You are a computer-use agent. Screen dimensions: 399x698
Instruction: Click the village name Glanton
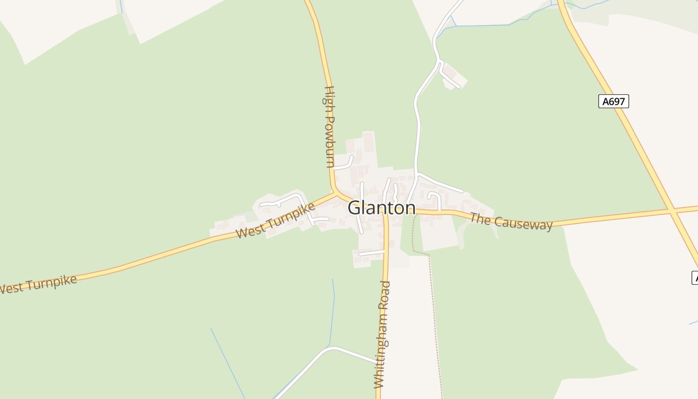coord(381,207)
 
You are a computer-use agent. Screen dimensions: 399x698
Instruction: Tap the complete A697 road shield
coord(613,101)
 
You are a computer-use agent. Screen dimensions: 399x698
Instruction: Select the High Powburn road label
coord(330,127)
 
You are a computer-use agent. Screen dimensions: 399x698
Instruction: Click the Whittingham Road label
coord(382,334)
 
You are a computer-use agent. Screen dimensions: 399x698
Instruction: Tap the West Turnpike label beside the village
coord(275,220)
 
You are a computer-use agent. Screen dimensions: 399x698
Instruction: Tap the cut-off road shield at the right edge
coord(694,277)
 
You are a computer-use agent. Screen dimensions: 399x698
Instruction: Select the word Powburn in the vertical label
coord(330,142)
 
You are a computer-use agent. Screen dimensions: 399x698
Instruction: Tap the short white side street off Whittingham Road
coord(371,253)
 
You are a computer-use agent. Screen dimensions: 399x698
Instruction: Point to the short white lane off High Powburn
coord(344,165)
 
